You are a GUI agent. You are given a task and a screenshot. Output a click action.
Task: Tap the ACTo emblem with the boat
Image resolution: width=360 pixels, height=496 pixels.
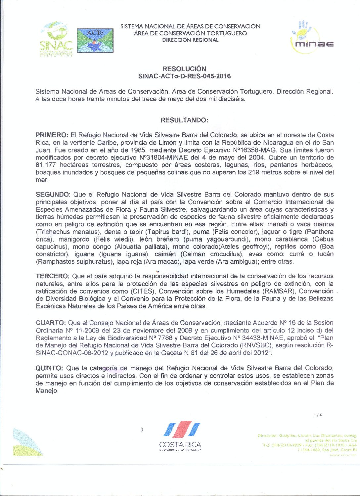[95, 40]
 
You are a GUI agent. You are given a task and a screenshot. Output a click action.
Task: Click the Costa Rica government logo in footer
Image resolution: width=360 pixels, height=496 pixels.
[180, 436]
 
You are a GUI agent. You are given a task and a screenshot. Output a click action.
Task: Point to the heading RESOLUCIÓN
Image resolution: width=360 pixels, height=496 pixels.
[184, 69]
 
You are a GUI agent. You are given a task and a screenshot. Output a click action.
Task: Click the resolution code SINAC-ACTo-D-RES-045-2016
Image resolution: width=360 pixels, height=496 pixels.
[184, 76]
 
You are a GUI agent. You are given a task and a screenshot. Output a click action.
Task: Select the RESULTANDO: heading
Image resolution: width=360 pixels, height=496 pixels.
[184, 120]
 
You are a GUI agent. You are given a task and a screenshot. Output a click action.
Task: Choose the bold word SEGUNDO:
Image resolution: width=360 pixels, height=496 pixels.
[53, 195]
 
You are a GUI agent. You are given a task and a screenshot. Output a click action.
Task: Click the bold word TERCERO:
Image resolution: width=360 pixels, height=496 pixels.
[53, 276]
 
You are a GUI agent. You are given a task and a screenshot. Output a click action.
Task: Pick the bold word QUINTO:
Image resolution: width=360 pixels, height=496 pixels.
[49, 368]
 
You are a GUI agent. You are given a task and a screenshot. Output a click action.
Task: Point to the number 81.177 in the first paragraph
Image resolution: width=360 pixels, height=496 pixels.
[45, 165]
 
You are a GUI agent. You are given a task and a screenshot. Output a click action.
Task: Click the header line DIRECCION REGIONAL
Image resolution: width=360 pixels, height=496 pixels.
[190, 40]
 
